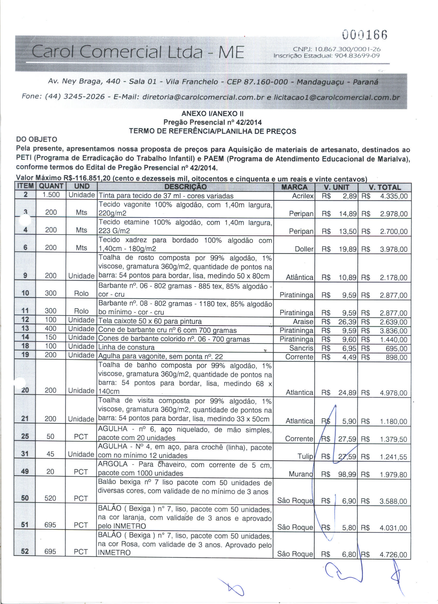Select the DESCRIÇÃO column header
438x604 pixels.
pos(185,187)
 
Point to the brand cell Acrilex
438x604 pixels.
pos(303,196)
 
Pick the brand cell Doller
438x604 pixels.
pos(304,249)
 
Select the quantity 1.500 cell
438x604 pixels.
pos(51,195)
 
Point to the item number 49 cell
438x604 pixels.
pos(25,472)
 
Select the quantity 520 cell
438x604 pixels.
pos(50,498)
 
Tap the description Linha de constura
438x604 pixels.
pos(126,348)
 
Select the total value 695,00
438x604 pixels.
pos(396,349)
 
